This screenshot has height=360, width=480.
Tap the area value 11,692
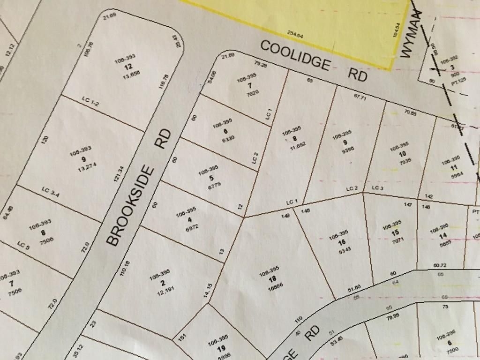point(298,145)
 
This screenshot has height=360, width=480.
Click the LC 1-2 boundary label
point(90,101)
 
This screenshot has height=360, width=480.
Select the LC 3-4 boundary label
point(50,192)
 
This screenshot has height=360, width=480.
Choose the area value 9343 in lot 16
point(344,250)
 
